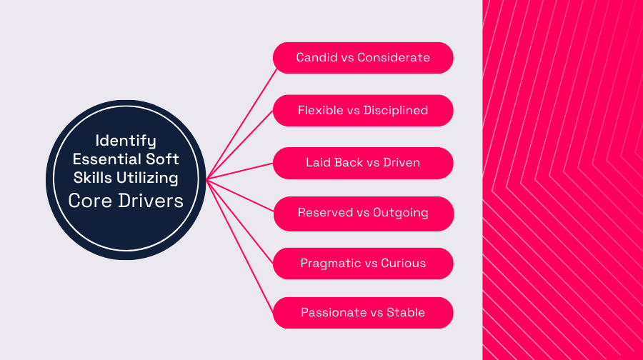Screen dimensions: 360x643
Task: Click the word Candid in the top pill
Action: pos(316,57)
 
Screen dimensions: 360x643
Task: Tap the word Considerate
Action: pos(394,57)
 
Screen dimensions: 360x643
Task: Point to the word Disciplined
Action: pos(396,110)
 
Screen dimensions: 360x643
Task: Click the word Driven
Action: pos(402,162)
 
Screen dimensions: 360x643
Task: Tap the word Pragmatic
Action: pos(330,263)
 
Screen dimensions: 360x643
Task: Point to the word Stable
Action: pos(406,312)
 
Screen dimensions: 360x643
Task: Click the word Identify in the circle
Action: pos(126,140)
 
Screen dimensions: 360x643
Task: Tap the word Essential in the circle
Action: pos(106,159)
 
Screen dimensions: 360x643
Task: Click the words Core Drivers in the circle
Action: pos(126,200)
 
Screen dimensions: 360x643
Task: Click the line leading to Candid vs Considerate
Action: pos(241,122)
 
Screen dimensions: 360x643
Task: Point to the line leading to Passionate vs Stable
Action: pos(241,247)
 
